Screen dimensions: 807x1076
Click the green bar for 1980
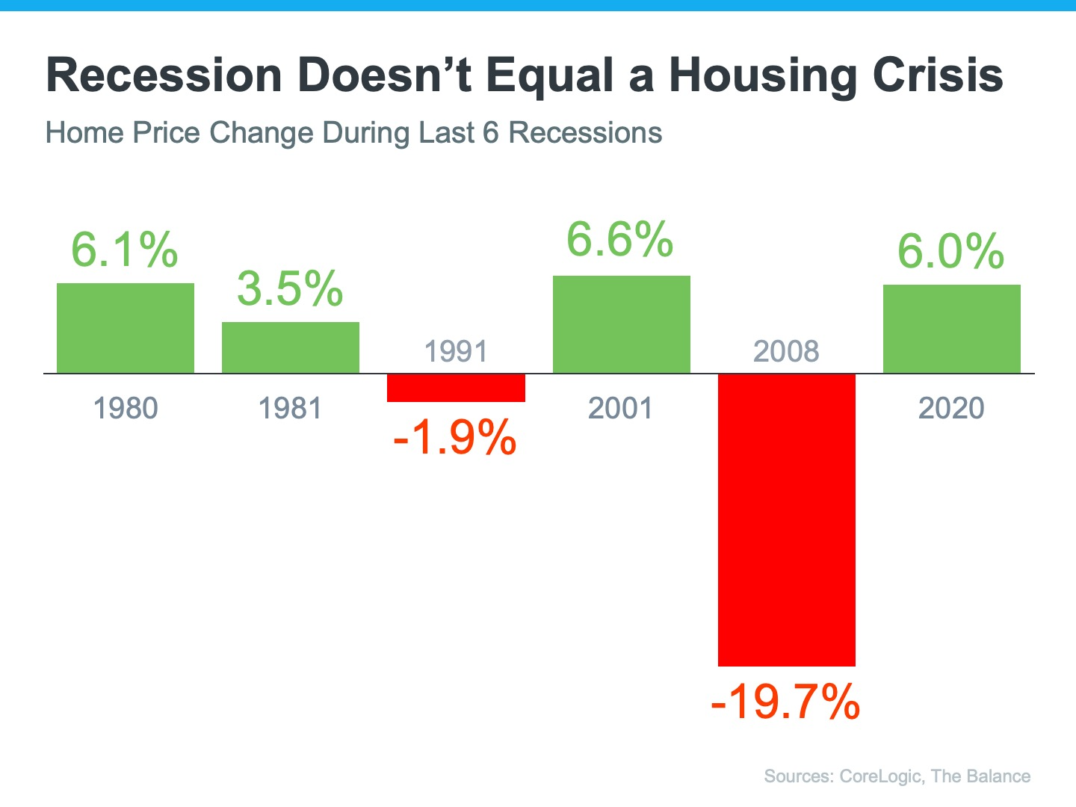(126, 328)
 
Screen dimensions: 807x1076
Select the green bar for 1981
(291, 347)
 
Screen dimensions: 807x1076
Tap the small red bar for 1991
(456, 388)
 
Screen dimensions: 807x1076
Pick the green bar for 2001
(621, 324)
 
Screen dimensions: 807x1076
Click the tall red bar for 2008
(786, 519)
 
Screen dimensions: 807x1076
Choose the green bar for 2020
(951, 329)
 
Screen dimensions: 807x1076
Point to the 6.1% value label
(125, 250)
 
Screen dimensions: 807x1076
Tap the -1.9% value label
(454, 437)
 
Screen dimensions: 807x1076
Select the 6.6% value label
(620, 240)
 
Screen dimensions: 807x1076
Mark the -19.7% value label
(785, 702)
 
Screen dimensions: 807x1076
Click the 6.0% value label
(950, 251)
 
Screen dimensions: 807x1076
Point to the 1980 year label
(126, 409)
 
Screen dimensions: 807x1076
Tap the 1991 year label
(456, 351)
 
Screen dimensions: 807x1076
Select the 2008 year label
(786, 351)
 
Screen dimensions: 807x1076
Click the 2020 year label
(951, 409)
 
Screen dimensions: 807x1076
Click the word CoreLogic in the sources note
(880, 776)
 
